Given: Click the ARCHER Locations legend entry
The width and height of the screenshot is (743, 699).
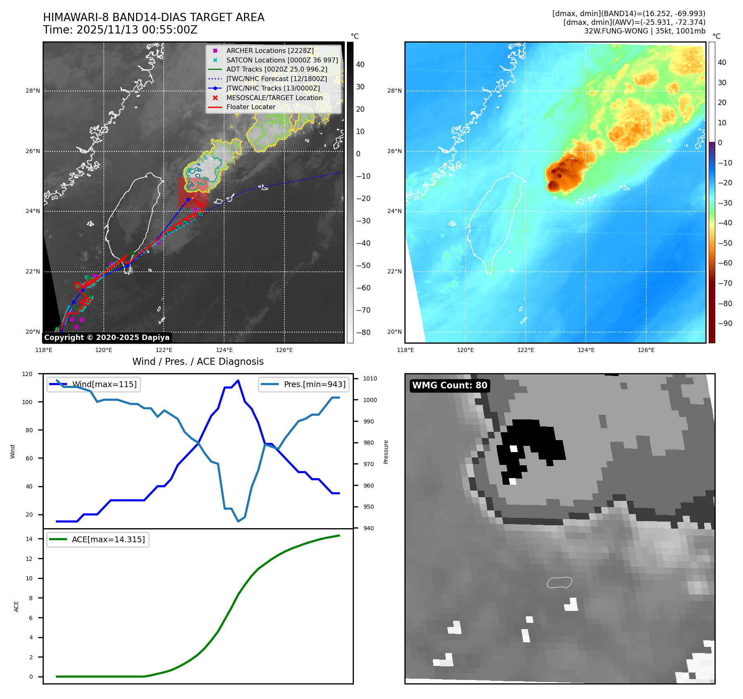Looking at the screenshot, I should click(x=270, y=50).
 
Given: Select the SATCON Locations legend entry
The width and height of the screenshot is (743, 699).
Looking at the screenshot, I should click(x=282, y=60).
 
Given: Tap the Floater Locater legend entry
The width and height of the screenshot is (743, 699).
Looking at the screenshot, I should click(x=251, y=107).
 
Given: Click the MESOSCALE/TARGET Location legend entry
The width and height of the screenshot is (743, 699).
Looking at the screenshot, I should click(x=274, y=98).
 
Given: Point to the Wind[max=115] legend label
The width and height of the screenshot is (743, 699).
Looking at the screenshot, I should click(x=104, y=384).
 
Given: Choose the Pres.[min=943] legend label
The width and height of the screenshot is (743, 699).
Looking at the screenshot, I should click(x=314, y=384).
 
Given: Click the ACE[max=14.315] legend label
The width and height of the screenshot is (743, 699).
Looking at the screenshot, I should click(x=108, y=539).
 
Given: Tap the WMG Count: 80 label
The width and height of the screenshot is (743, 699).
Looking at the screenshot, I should click(x=449, y=385).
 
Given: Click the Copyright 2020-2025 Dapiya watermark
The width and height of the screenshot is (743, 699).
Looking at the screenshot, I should click(x=107, y=338).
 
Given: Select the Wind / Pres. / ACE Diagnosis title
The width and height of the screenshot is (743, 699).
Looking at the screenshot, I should click(x=198, y=361).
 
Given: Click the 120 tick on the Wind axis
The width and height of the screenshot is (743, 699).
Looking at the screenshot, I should click(x=27, y=374).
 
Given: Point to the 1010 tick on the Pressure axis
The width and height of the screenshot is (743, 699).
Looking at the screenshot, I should click(x=370, y=378).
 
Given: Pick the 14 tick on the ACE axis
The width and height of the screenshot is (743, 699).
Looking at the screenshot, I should click(x=29, y=539).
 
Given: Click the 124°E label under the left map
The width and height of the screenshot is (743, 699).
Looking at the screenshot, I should click(x=224, y=350).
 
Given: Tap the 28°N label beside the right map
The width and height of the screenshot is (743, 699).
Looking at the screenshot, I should click(x=394, y=91).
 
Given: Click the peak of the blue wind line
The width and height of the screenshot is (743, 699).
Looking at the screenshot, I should click(x=238, y=380).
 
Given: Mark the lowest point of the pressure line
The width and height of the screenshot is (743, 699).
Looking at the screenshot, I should click(x=238, y=521).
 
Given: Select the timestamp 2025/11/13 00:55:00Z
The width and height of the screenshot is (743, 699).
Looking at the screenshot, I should click(x=137, y=30).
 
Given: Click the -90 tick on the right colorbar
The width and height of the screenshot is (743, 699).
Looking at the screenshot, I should click(x=725, y=323).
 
